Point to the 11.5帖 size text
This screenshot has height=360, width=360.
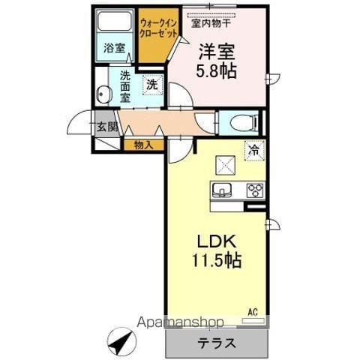pos(217,263)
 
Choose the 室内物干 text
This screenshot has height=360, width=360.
pos(211,22)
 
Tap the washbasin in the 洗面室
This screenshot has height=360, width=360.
pos(105,94)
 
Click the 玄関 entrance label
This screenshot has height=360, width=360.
pos(105,127)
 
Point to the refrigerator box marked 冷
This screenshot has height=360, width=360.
pos(254,150)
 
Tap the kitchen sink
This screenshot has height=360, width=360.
pos(223,188)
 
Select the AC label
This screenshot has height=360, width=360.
pos(254,310)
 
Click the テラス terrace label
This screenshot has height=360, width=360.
pos(217,344)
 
